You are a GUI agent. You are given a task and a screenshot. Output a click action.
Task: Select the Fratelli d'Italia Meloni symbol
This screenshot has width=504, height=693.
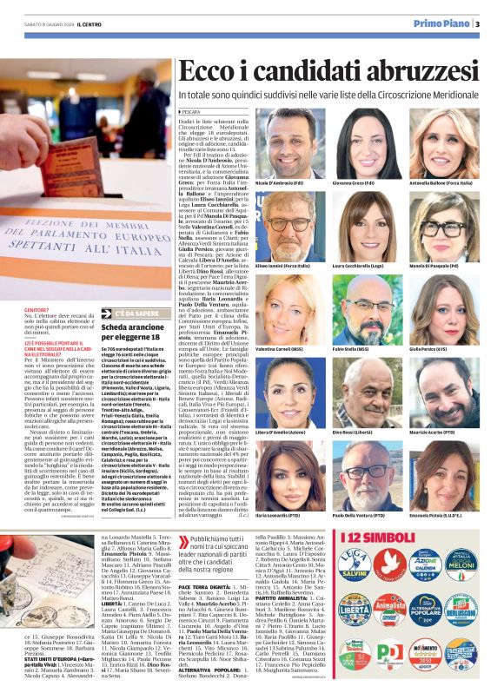[x=461, y=564]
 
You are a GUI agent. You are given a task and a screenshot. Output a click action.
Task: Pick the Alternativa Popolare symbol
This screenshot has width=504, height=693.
[x=426, y=610]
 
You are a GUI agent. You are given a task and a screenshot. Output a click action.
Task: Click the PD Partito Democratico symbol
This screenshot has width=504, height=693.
[x=390, y=654]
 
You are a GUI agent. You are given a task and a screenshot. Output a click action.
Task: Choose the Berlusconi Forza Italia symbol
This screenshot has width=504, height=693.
[x=461, y=610]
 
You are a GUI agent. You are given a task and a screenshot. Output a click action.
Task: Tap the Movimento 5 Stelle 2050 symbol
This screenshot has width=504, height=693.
[x=426, y=654]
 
